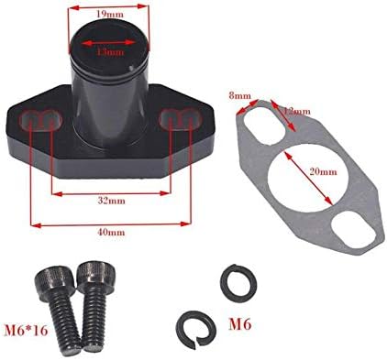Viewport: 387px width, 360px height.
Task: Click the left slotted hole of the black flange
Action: click(x=43, y=120)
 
